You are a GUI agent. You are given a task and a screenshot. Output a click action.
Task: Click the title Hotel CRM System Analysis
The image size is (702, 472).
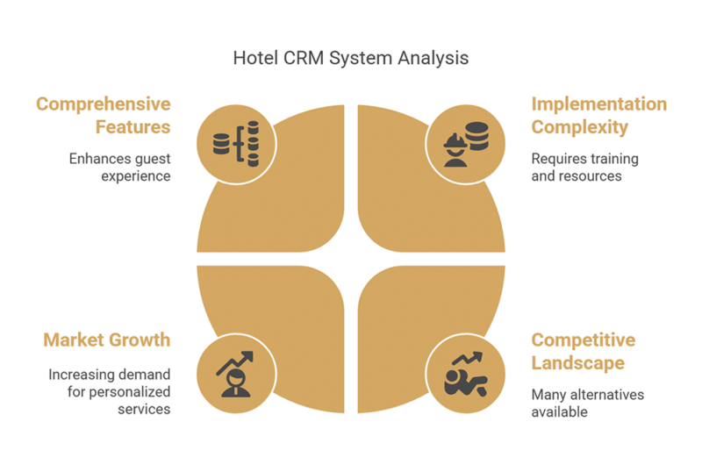350,58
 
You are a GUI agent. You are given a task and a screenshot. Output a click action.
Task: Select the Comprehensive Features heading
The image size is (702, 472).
104,115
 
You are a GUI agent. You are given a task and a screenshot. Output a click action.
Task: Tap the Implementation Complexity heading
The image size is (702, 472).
599,115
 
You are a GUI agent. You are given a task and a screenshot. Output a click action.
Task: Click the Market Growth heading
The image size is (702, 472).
107,340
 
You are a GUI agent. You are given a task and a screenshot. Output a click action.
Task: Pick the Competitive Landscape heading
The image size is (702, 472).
584,352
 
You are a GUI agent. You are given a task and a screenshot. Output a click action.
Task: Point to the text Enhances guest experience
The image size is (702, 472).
120,167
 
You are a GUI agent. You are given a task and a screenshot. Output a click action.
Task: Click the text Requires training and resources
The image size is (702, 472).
584,167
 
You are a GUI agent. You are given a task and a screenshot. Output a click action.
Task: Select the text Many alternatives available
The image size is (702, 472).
587,403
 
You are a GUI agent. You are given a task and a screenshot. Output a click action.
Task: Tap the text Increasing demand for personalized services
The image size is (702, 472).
110,391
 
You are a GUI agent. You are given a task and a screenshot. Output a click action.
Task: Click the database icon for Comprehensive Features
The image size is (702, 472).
236,144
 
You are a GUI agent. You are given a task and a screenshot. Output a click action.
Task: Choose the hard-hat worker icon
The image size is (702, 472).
466,144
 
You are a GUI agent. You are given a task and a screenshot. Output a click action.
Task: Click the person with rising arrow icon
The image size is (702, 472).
235,375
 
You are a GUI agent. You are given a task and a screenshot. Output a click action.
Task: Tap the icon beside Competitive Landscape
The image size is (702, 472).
466,375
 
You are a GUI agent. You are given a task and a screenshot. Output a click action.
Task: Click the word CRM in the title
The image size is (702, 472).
304,58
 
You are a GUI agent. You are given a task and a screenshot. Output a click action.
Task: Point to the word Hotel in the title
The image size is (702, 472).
255,58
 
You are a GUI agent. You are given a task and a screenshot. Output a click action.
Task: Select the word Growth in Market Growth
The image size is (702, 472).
140,340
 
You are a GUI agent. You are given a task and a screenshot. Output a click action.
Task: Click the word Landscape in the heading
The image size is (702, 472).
578,363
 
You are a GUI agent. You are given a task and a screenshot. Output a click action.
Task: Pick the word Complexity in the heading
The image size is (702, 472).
580,127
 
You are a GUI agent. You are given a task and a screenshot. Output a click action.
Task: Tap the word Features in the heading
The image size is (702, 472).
133,127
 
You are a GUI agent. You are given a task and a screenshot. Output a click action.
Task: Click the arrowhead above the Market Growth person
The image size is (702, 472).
247,356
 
